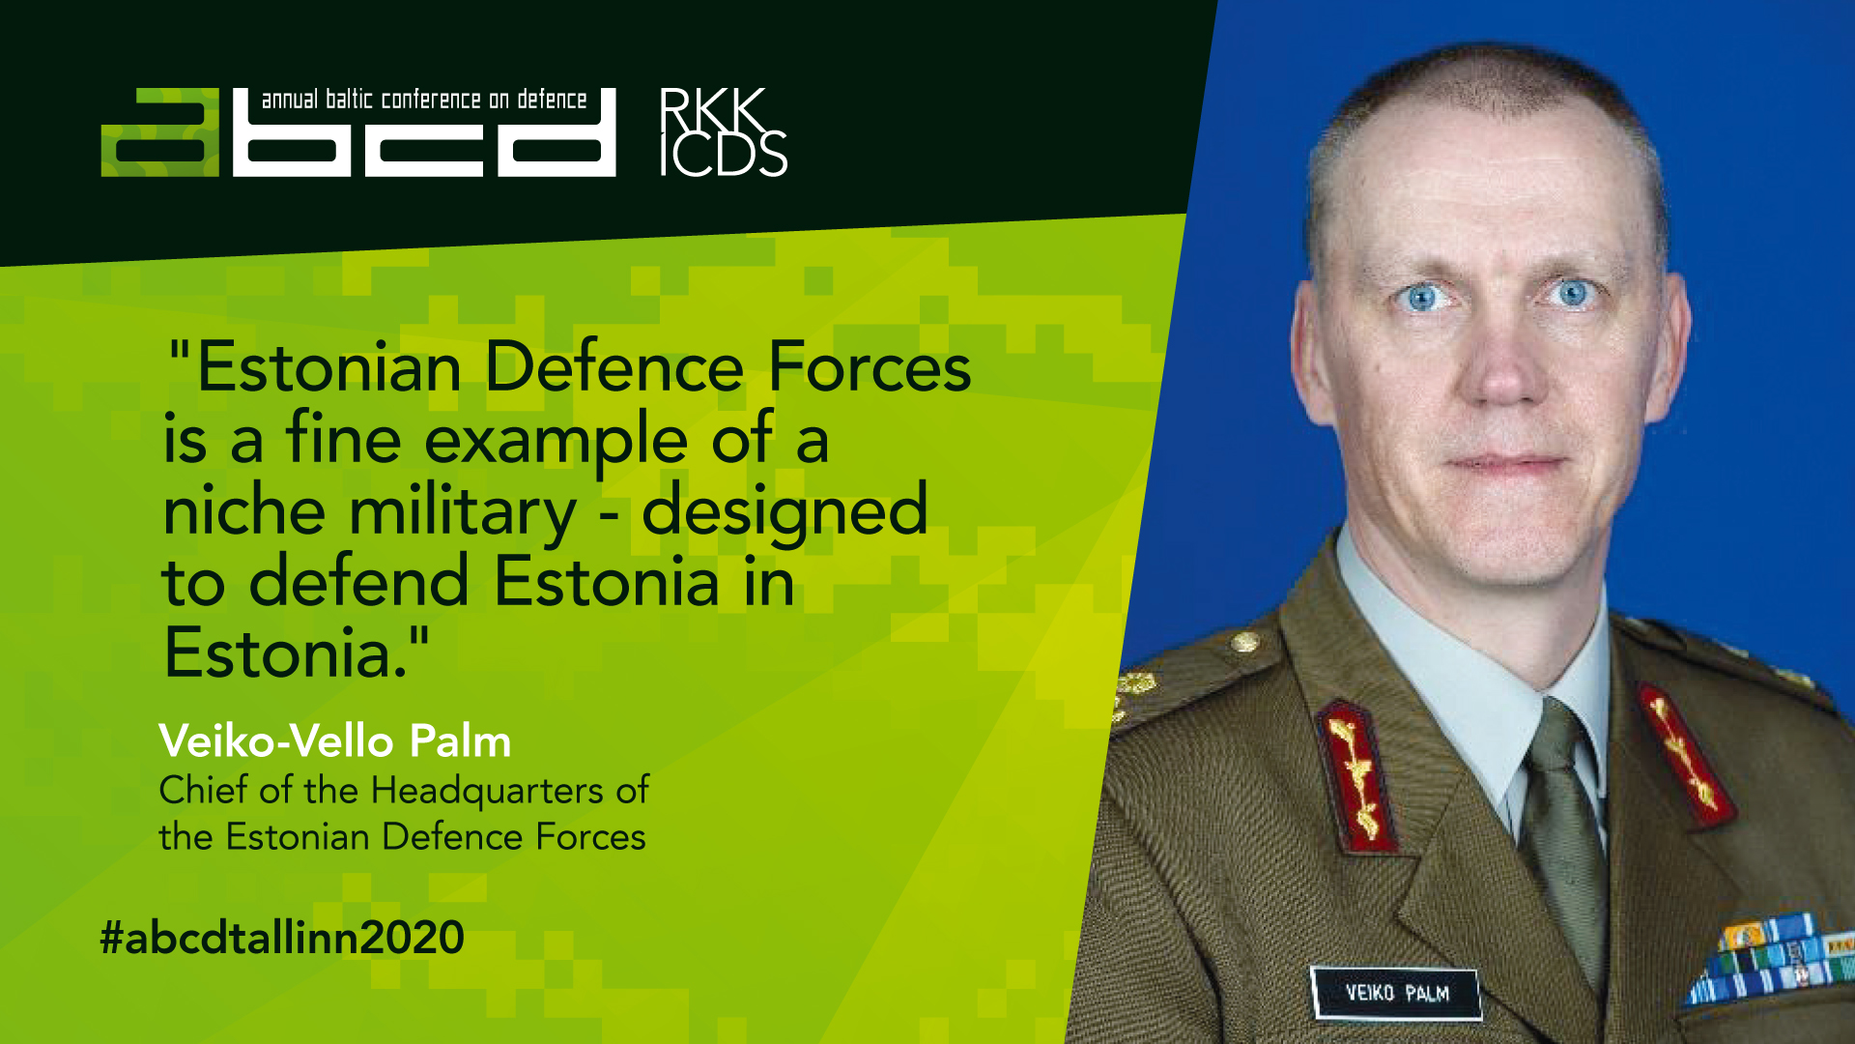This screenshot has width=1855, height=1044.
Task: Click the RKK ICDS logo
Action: [724, 132]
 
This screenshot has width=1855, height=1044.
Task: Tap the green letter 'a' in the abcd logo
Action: [160, 132]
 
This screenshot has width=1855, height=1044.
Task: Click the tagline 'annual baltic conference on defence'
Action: [424, 100]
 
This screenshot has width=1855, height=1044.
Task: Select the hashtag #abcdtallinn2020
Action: [282, 938]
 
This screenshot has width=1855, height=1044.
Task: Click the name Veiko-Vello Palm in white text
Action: [334, 741]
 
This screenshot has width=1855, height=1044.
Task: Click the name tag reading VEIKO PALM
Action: [1396, 993]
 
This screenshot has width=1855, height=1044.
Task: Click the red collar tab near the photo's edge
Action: [1685, 755]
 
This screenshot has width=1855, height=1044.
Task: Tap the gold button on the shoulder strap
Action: [1244, 641]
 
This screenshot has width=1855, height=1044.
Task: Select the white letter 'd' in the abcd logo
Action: [556, 132]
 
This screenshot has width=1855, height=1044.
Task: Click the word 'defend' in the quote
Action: [358, 581]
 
